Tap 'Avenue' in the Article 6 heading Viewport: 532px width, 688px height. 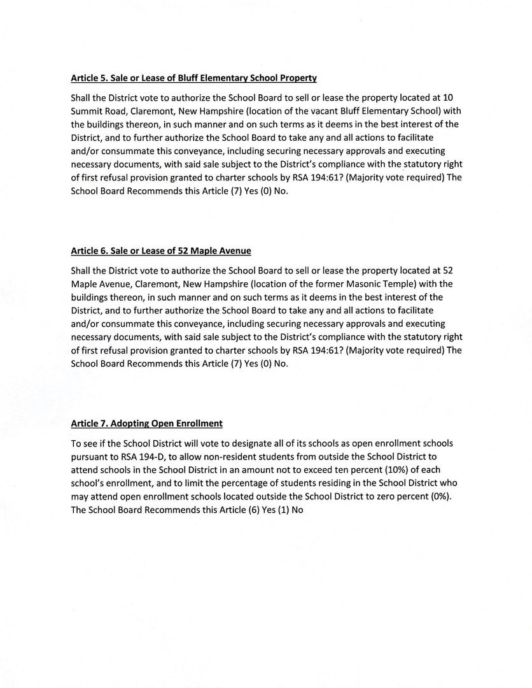(235, 251)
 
